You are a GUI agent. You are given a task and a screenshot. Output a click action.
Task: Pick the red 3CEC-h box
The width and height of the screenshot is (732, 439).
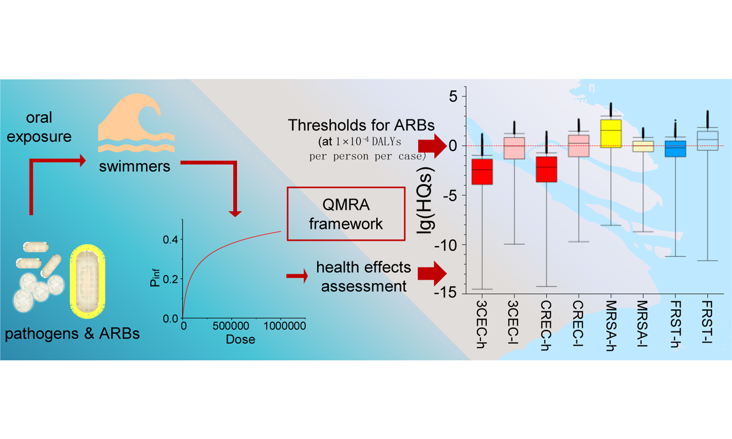[x=482, y=172]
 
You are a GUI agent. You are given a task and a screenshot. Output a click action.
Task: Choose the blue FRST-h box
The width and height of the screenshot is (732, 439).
[x=675, y=149]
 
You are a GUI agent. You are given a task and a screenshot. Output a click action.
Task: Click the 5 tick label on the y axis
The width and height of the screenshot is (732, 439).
[x=453, y=97]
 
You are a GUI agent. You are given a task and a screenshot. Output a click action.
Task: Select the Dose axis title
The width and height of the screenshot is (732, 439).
[x=240, y=339]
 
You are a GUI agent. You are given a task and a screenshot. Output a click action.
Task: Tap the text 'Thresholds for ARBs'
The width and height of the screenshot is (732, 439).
[x=361, y=125]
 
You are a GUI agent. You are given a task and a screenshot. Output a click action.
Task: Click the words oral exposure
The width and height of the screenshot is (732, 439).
[x=39, y=127]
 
